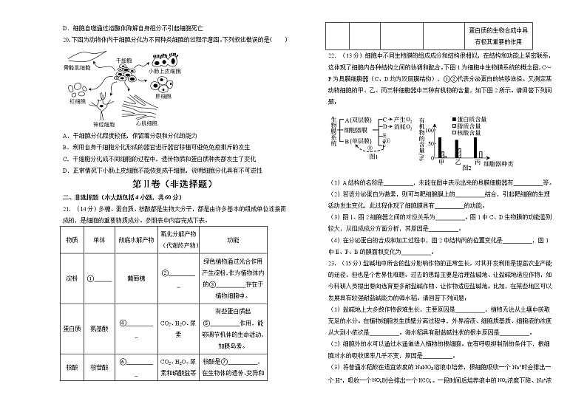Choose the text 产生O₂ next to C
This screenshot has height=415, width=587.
404,119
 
